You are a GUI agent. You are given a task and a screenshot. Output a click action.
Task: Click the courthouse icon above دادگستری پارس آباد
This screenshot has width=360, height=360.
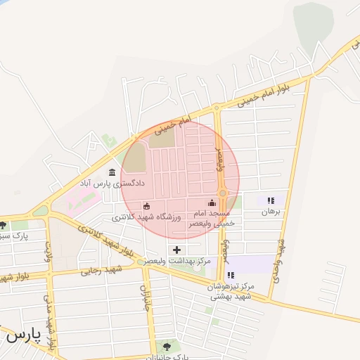click(112, 172)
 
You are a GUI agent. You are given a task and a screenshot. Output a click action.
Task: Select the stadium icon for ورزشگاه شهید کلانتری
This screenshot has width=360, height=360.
click(147, 206)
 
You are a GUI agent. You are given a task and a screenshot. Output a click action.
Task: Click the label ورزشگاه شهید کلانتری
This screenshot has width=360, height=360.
click(152, 217)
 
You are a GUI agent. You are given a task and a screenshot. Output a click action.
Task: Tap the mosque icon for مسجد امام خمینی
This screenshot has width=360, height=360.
click(213, 203)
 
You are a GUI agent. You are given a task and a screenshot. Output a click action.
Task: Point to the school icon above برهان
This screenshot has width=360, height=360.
click(271, 201)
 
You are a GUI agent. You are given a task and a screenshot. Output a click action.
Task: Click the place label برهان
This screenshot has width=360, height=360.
click(271, 211)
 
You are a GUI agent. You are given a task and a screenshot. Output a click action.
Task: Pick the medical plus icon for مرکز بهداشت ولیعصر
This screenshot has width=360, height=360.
click(176, 250)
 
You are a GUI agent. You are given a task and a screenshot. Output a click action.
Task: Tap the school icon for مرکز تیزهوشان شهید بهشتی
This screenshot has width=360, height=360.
click(231, 275)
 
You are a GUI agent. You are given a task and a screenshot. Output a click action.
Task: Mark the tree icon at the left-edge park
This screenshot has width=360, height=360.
click(4, 226)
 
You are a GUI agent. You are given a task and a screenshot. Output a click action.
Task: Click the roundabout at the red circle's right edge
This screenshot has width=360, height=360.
click(222, 193)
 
